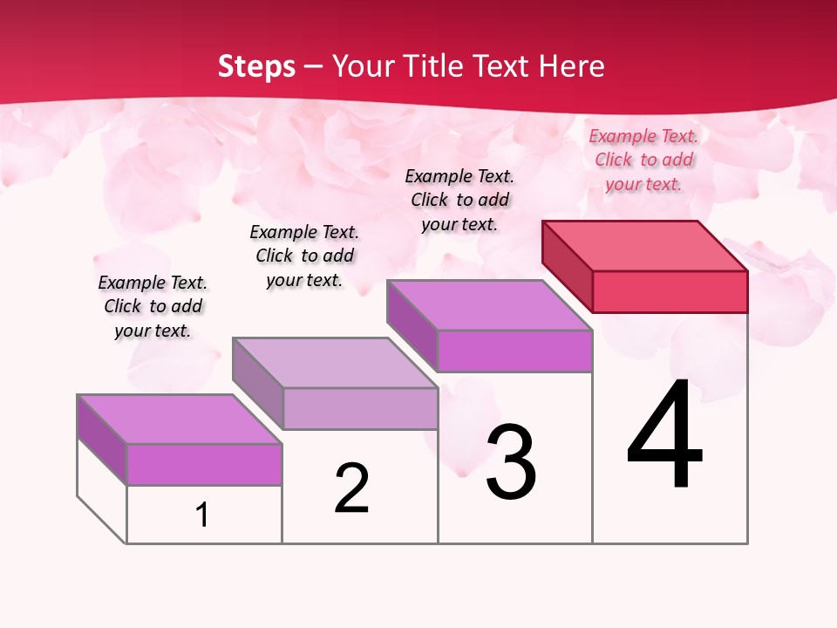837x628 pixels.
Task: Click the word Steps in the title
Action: pos(255,66)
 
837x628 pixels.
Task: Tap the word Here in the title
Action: pos(570,66)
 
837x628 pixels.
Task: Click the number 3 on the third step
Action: pos(511,462)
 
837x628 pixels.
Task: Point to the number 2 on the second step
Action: pos(351,488)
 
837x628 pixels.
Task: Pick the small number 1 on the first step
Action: pos(202,515)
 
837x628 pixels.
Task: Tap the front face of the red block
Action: pos(670,291)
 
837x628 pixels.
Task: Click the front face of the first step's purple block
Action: pos(204,464)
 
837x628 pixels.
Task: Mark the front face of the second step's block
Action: pos(360,408)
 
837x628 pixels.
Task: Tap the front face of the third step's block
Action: pos(514,351)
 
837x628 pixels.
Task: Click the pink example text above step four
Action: pos(643,160)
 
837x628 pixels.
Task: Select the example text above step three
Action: pos(459,200)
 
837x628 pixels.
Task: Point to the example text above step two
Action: pos(304,256)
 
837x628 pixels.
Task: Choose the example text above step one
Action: pos(153,306)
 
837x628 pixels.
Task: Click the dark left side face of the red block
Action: pos(567,266)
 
